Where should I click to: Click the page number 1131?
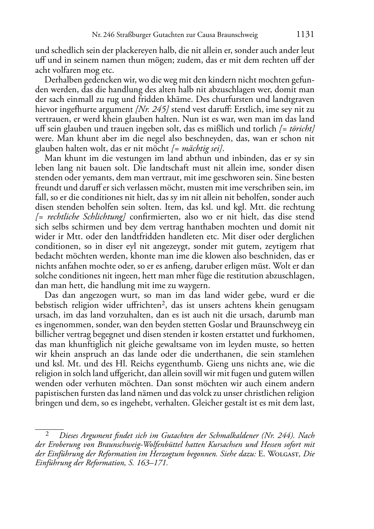(x=305, y=35)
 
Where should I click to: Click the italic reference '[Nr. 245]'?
(x=149, y=109)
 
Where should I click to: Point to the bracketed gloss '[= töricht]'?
(x=297, y=129)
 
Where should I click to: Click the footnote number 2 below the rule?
(x=47, y=434)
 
